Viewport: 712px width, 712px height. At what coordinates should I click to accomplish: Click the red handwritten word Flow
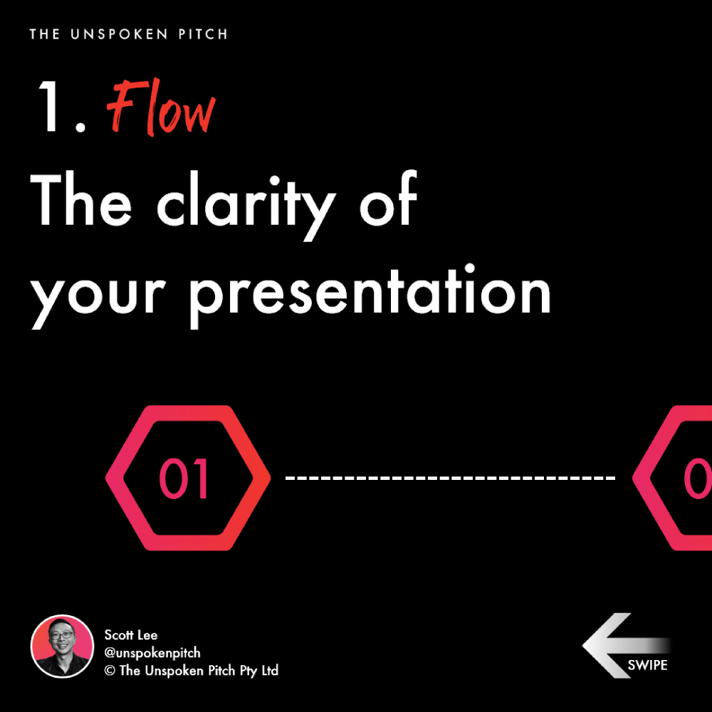[x=161, y=108]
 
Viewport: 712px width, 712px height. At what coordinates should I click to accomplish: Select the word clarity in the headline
[x=246, y=205]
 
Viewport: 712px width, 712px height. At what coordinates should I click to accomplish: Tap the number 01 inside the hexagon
[x=184, y=478]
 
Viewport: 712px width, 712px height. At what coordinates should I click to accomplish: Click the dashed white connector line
[x=450, y=478]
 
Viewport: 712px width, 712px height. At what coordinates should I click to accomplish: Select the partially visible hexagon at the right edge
[x=672, y=478]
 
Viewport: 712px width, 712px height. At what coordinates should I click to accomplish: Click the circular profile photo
[x=62, y=646]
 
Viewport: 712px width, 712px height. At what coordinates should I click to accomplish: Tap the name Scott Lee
[x=131, y=635]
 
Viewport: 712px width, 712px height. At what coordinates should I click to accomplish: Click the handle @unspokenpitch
[x=152, y=652]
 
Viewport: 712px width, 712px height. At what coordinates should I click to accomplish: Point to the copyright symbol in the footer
[x=110, y=671]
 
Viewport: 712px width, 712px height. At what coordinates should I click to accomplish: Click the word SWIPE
[x=647, y=665]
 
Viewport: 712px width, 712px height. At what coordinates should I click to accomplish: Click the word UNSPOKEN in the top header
[x=119, y=34]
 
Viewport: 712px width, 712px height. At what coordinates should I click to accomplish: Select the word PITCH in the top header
[x=203, y=34]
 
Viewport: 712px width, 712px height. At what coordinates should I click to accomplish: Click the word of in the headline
[x=388, y=199]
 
